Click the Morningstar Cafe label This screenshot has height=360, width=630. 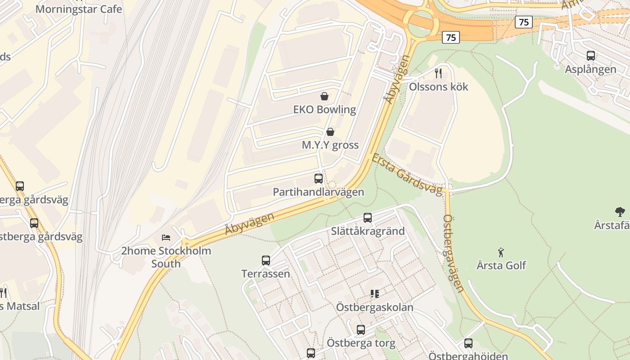coord(78,9)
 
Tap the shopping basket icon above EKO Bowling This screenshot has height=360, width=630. coord(324,96)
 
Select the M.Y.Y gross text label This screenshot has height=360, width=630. coord(330,145)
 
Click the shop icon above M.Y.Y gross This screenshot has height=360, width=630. coord(330,131)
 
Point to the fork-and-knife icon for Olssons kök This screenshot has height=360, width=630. coord(438,73)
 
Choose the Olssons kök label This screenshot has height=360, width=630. coord(438,87)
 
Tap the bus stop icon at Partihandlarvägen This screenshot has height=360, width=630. coord(319,179)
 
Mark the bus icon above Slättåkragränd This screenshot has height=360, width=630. coord(368,218)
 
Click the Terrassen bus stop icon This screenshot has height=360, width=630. coord(266,261)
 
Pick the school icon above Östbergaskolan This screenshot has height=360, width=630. coord(374,294)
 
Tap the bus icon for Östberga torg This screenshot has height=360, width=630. coord(361,330)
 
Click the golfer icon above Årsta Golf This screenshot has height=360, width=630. coord(500,252)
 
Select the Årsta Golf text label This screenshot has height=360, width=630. coord(501,265)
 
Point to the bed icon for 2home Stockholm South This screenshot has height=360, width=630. coord(166,237)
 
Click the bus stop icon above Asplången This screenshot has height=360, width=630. coord(591,56)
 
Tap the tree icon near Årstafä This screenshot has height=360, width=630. coord(620,211)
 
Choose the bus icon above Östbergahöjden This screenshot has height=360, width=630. coord(468,343)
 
